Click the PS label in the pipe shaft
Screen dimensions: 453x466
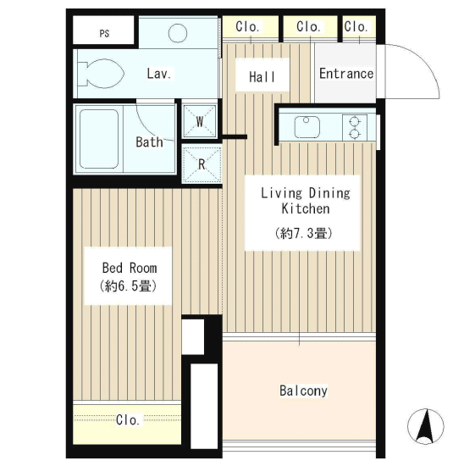pyautogui.click(x=104, y=33)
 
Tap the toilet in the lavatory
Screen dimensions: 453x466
pyautogui.click(x=101, y=74)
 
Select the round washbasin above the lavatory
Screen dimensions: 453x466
pyautogui.click(x=178, y=33)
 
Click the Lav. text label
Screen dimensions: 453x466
pyautogui.click(x=159, y=74)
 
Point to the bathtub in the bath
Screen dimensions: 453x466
pyautogui.click(x=99, y=139)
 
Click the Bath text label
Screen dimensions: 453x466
pyautogui.click(x=149, y=142)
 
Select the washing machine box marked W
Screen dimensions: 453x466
pyautogui.click(x=200, y=121)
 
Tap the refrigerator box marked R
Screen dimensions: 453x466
pyautogui.click(x=202, y=164)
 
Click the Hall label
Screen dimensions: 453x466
pyautogui.click(x=262, y=77)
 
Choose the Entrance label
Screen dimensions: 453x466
pyautogui.click(x=346, y=74)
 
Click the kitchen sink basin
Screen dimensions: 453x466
pyautogui.click(x=307, y=127)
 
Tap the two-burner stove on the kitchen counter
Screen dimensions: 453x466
pyautogui.click(x=355, y=127)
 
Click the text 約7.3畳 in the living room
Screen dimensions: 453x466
pyautogui.click(x=303, y=233)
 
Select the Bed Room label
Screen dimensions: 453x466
pyautogui.click(x=130, y=268)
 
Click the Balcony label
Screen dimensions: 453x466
pyautogui.click(x=303, y=391)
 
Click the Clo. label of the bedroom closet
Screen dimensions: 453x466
pyautogui.click(x=128, y=420)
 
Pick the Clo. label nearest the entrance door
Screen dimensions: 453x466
pyautogui.click(x=356, y=27)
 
